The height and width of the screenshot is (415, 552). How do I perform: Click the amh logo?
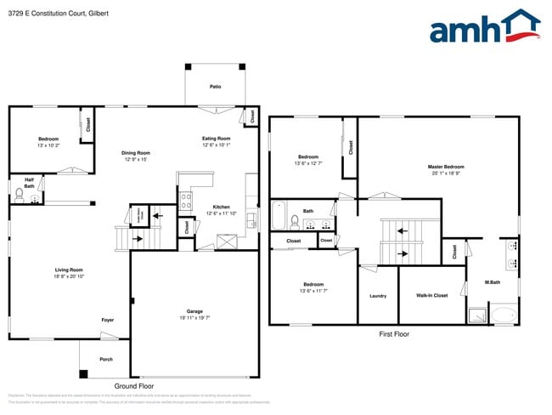pos(485,27)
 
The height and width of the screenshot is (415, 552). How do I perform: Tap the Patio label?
pos(216,87)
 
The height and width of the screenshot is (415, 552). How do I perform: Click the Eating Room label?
pos(216,139)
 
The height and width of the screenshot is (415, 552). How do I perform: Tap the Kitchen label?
pos(221,207)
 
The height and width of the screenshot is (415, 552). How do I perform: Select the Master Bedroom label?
pos(446,167)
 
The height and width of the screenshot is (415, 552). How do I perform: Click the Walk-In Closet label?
pos(431,295)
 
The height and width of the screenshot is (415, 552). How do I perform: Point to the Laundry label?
pos(378,295)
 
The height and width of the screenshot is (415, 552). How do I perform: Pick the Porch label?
pos(106,359)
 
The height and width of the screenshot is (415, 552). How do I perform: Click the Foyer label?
pos(108,320)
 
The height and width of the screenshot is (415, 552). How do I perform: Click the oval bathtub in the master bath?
pos(504,316)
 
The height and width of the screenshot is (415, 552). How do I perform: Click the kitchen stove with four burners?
pos(186,201)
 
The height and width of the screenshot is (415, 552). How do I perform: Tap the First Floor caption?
pos(393,334)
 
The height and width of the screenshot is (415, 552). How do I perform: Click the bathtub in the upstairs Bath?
pos(279,216)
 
